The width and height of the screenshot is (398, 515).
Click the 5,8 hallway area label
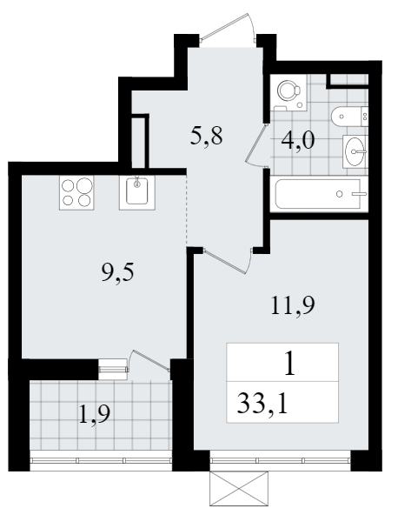206,136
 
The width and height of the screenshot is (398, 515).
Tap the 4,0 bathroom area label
298,141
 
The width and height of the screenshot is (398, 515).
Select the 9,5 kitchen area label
118,272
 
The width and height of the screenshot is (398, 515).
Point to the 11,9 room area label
293,305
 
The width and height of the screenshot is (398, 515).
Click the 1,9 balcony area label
95,415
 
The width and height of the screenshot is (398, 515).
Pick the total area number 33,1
262,404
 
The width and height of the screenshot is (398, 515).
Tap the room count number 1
289,364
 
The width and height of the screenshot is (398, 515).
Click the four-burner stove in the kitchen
76,192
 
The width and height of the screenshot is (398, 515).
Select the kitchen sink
137,192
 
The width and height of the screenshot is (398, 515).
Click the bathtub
322,194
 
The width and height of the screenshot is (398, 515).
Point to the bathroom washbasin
355,151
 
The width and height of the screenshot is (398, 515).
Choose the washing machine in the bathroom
289,91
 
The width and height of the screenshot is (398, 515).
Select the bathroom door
257,146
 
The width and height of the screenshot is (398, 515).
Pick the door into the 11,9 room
228,260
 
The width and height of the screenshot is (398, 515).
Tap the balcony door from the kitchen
149,360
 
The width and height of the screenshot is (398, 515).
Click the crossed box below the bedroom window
239,489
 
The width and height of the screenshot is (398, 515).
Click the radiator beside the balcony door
113,370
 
